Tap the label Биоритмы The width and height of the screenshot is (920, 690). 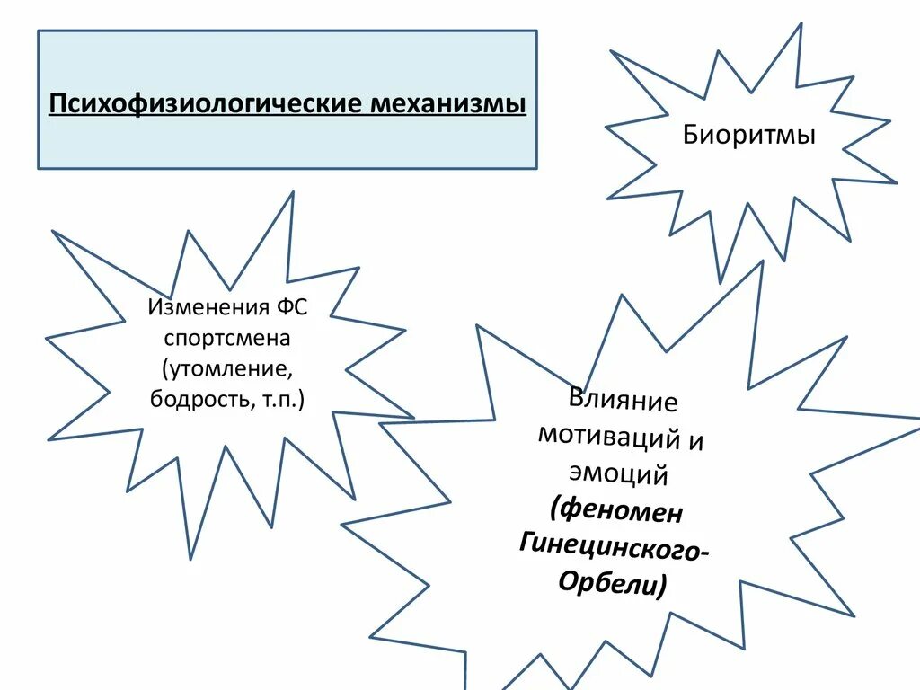(749, 136)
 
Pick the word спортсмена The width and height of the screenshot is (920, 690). (232, 339)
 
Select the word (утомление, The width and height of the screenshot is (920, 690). (227, 368)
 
